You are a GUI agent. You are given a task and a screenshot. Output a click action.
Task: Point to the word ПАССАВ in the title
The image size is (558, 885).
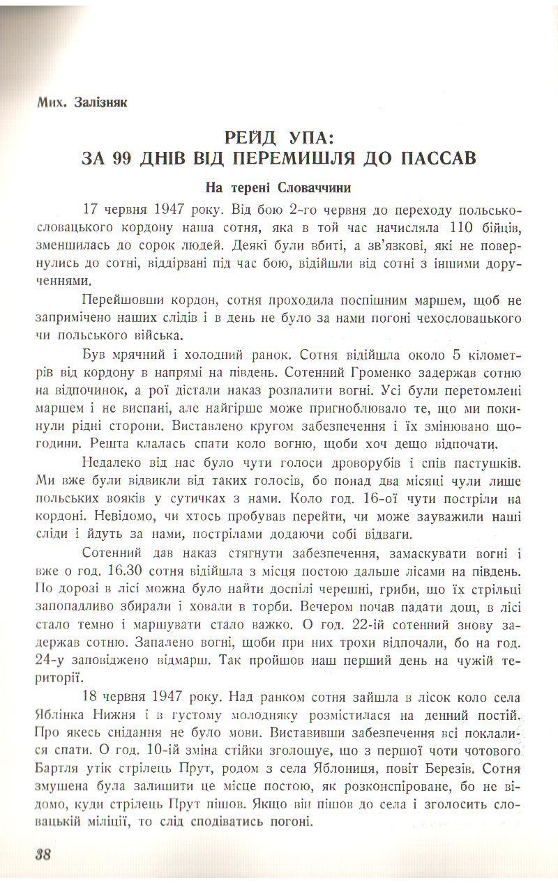(439, 157)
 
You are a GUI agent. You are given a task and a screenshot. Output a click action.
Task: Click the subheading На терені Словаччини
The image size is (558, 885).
(278, 188)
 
